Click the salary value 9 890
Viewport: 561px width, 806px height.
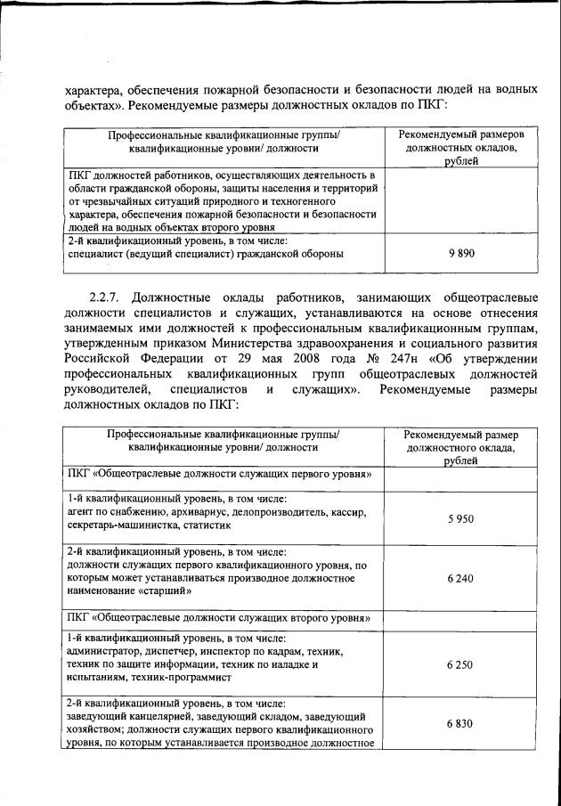[x=459, y=253]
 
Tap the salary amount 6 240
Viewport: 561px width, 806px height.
[x=459, y=578]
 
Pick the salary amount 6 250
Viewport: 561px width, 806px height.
[x=459, y=664]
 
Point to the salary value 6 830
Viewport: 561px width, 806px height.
[x=459, y=724]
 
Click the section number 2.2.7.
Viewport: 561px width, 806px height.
[x=108, y=297]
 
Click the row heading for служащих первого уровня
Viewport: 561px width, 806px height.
[x=220, y=473]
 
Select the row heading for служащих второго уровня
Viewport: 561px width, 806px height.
[x=220, y=618]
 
